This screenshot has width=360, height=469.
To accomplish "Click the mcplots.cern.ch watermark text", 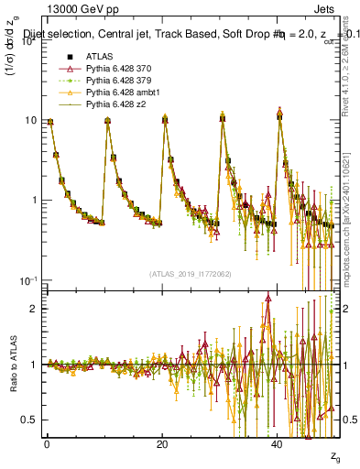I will (x=352, y=229).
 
